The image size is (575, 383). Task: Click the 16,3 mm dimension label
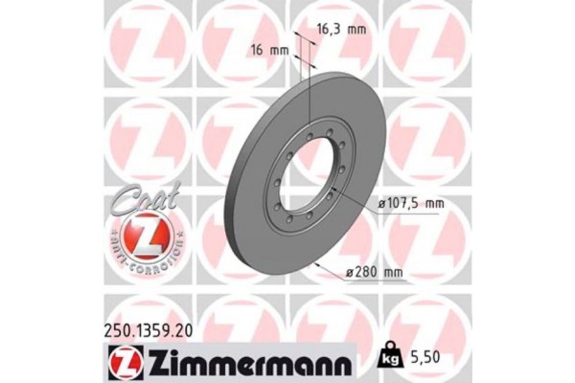[342, 30]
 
